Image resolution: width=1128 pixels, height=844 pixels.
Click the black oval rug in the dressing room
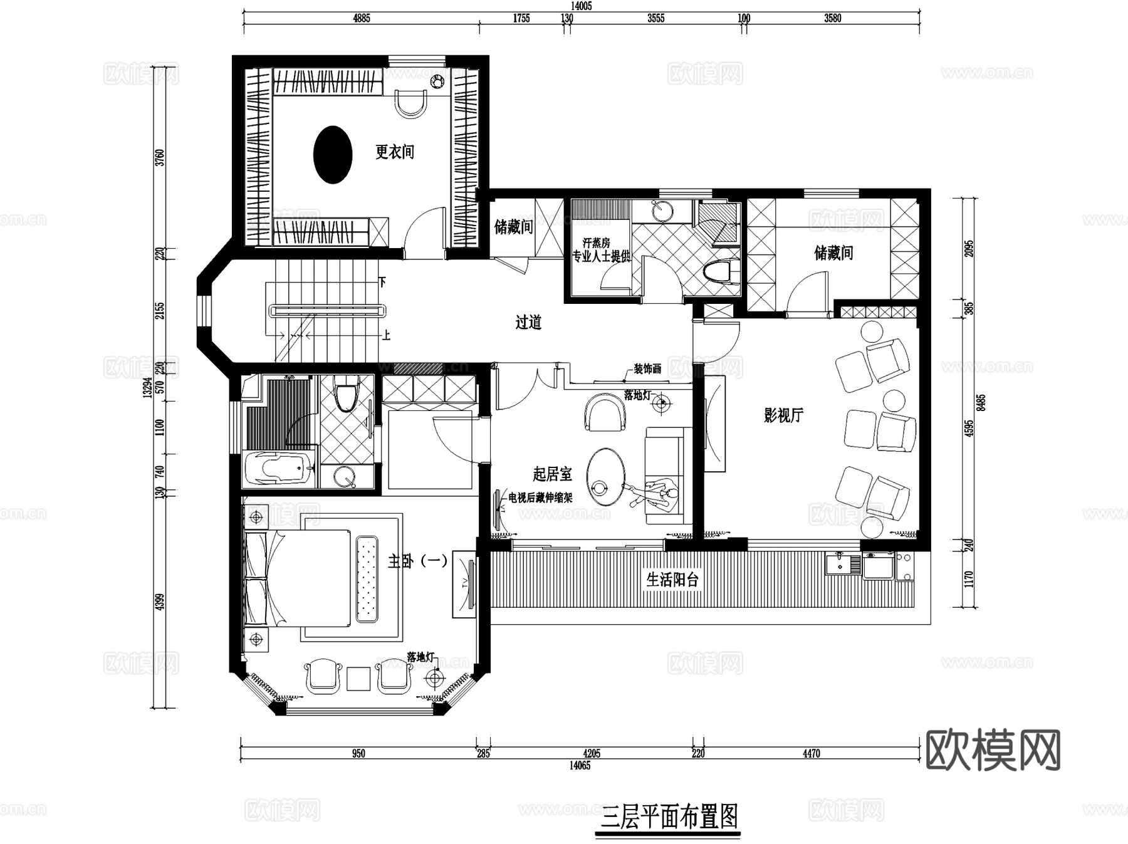tap(333, 154)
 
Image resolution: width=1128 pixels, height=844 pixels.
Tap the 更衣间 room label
tap(395, 152)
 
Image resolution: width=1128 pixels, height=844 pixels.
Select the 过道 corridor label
tap(528, 322)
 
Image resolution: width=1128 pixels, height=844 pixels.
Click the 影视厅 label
tap(783, 415)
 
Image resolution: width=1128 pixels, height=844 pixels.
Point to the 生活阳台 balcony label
tap(672, 579)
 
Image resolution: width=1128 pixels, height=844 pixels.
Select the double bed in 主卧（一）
tap(298, 577)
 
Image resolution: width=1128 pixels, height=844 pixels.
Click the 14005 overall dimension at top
tap(581, 6)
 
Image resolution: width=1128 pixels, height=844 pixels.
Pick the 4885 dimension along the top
tap(362, 18)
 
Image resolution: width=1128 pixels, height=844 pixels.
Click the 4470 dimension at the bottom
tap(811, 753)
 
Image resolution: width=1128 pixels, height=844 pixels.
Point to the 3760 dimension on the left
tap(160, 157)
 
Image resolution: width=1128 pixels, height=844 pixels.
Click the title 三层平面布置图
tap(669, 816)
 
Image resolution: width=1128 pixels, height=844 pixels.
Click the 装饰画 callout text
tap(647, 369)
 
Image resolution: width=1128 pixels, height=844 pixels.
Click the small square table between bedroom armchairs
tap(358, 679)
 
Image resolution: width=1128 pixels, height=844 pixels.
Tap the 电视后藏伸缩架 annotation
tap(540, 498)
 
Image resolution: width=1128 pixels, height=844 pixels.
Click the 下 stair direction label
tap(382, 282)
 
